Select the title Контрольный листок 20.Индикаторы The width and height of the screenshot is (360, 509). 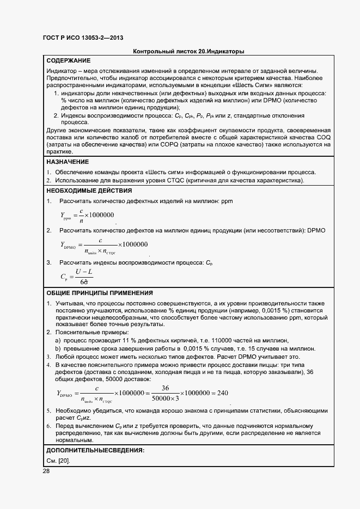188,51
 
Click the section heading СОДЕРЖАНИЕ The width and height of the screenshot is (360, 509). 69,60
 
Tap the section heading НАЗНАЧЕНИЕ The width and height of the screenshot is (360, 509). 68,162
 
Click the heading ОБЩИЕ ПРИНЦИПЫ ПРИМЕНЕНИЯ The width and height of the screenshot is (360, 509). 100,293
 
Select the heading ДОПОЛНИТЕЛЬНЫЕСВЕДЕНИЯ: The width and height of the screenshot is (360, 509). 95,451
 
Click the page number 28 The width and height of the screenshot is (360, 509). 46,471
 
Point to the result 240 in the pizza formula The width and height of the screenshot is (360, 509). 222,393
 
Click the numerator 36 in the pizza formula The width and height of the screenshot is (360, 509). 166,388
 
